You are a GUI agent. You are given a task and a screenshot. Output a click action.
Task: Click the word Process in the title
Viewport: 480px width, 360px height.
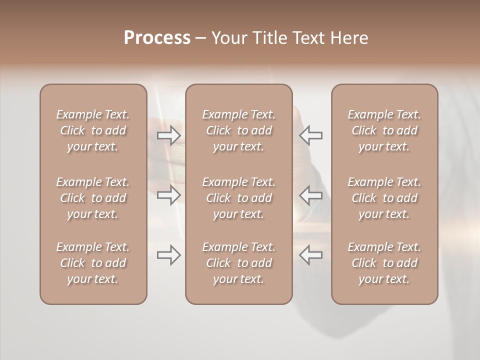[x=157, y=38]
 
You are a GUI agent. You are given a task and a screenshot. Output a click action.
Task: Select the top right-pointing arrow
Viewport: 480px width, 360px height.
[x=169, y=135]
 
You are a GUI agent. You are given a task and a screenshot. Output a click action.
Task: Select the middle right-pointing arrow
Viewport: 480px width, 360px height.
[x=169, y=195]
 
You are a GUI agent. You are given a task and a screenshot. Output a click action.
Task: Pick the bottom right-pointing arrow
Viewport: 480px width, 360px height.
[x=169, y=255]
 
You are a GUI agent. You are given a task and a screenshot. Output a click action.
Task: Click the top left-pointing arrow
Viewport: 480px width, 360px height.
[x=311, y=135]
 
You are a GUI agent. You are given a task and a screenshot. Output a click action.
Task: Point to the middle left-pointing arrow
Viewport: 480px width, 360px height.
[x=311, y=195]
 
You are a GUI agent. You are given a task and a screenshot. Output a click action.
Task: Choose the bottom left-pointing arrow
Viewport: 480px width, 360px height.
[x=311, y=255]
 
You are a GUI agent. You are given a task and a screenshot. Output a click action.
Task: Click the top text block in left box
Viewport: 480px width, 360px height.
[x=93, y=130]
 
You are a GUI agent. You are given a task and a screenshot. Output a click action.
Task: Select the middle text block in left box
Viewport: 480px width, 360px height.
[x=93, y=198]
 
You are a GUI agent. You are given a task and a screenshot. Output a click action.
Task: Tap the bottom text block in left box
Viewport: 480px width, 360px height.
[x=93, y=263]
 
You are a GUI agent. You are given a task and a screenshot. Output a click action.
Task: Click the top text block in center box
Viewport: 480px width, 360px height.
[x=239, y=130]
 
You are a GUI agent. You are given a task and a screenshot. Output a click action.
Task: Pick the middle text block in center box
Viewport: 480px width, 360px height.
[x=239, y=198]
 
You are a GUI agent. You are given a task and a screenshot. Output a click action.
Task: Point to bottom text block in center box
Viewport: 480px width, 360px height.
[x=239, y=263]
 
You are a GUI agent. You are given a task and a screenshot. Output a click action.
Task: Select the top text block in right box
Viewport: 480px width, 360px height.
[x=384, y=130]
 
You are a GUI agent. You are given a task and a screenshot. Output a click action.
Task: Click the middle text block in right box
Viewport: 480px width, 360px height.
[x=384, y=198]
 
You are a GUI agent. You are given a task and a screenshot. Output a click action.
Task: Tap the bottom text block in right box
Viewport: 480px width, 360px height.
[x=384, y=263]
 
